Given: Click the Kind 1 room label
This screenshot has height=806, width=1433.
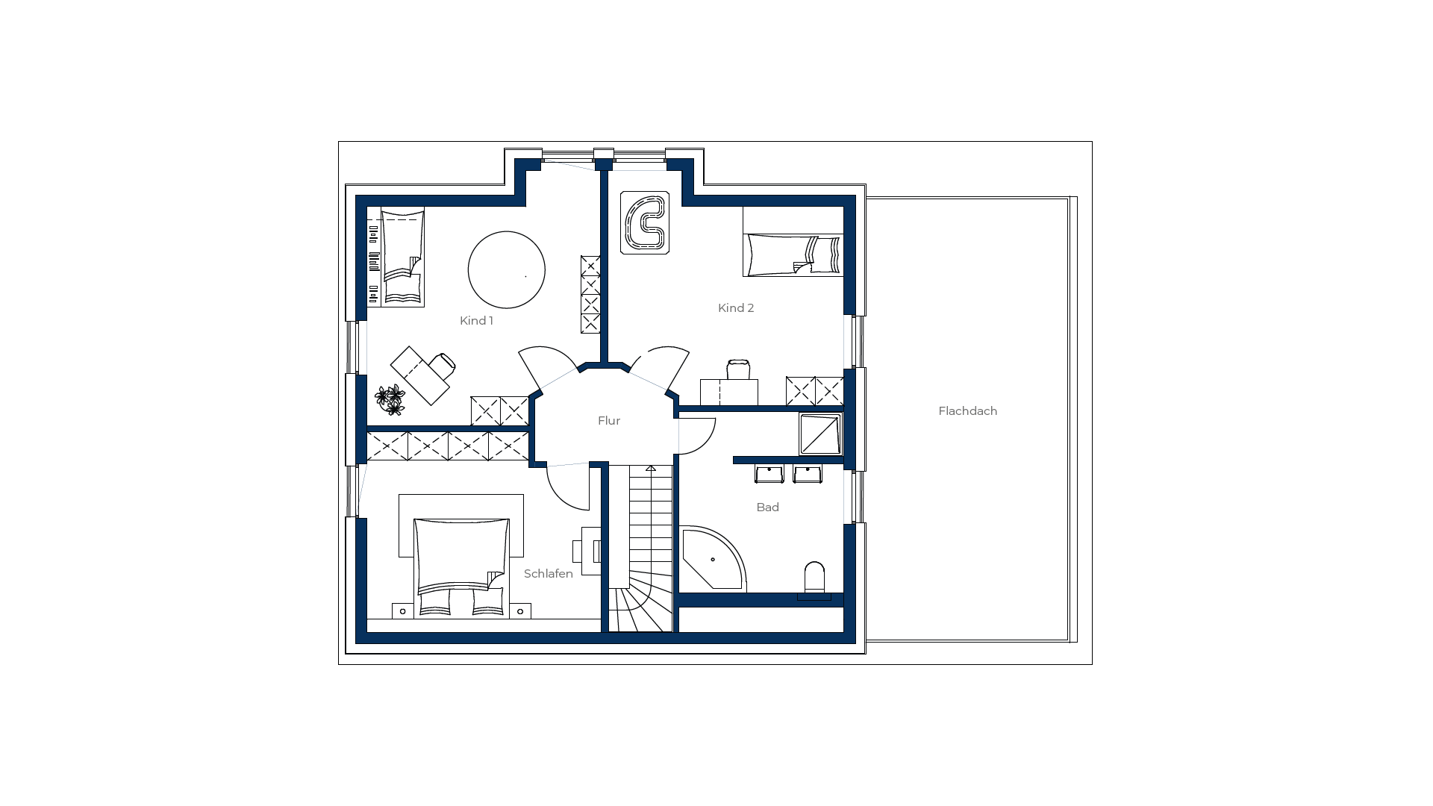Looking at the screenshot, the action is (x=476, y=321).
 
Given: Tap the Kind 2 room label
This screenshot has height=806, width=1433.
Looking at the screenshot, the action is (x=736, y=308).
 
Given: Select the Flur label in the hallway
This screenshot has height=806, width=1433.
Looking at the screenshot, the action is (x=609, y=421).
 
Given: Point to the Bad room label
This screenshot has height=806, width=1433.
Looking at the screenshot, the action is (x=767, y=507).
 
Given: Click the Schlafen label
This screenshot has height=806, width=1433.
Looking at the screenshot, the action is (x=549, y=574).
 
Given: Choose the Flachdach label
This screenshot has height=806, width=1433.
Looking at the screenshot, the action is (x=968, y=411).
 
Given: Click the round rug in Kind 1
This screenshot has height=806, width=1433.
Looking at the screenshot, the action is (x=507, y=269).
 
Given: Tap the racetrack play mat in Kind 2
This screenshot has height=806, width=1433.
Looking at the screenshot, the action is (x=645, y=222).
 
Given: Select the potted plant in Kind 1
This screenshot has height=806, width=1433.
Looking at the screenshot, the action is (x=390, y=400).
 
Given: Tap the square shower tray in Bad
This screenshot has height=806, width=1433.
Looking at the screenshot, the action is (x=820, y=434).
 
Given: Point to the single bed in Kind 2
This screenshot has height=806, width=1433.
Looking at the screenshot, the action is (x=793, y=254).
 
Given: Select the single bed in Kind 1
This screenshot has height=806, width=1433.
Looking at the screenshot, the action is (x=402, y=257).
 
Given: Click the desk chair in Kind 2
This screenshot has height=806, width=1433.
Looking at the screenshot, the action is (x=738, y=369).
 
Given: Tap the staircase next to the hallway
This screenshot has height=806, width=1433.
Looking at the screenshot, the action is (x=641, y=549).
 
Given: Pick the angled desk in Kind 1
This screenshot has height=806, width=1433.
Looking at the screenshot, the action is (x=419, y=375).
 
